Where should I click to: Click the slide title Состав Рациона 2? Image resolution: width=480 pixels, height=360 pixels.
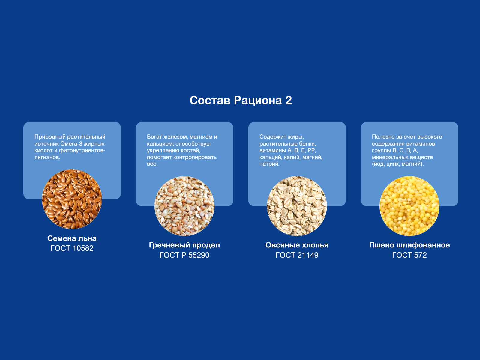click(x=241, y=100)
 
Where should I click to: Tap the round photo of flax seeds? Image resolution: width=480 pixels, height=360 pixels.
click(x=72, y=199)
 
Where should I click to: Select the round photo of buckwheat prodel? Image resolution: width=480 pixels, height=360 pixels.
click(x=184, y=206)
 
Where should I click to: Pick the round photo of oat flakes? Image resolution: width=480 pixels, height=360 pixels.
click(x=297, y=206)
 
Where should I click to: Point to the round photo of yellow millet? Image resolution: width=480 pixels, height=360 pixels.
click(x=409, y=206)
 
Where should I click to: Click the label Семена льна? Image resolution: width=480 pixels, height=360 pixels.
click(x=72, y=238)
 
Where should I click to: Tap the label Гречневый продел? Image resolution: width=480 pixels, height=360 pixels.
click(x=184, y=245)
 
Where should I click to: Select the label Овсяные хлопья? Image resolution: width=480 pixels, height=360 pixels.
click(x=297, y=245)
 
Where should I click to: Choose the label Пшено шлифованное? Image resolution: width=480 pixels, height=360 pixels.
click(x=409, y=245)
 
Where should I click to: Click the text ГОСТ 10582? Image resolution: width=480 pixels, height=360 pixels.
click(x=72, y=248)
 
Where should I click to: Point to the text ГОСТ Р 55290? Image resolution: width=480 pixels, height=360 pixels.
click(x=184, y=255)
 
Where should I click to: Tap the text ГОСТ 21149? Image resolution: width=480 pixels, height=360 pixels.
click(x=297, y=255)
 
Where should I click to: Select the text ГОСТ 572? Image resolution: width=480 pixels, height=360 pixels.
click(x=409, y=255)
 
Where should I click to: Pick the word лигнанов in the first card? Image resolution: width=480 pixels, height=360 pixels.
click(x=47, y=157)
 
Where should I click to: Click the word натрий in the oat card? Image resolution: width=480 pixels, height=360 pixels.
click(x=269, y=164)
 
